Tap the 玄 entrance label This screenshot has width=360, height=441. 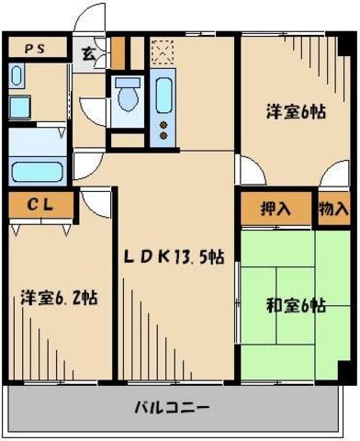click(x=88, y=52)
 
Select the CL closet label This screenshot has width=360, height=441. click(x=39, y=206)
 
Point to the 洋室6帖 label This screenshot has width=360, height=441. click(x=295, y=112)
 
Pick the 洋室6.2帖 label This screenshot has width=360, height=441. click(x=60, y=299)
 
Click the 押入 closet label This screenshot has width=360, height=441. click(x=276, y=209)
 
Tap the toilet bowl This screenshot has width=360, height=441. click(x=127, y=96)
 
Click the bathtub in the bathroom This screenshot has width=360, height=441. click(x=36, y=170)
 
